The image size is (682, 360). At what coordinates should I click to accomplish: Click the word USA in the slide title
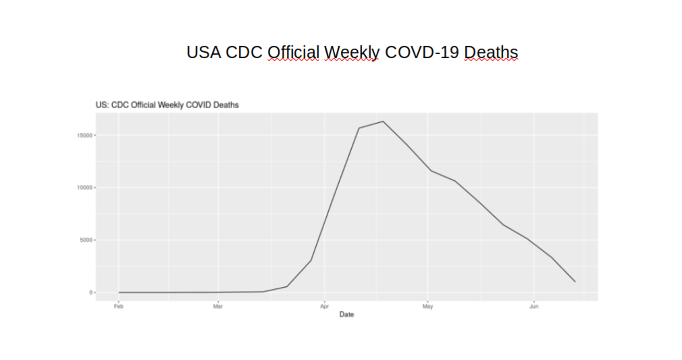point(203,53)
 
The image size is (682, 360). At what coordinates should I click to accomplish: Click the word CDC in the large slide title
point(244,53)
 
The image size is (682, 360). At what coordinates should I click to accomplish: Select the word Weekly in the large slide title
point(352,53)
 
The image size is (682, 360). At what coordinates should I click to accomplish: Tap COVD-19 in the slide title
point(422,53)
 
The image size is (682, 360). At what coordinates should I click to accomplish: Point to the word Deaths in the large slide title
point(491,53)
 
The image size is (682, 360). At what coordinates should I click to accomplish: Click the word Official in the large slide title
point(293,53)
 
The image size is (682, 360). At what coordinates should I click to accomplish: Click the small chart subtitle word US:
point(102,105)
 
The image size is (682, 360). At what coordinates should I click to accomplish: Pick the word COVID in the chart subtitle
point(198,105)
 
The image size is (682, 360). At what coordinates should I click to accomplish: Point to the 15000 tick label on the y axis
point(85,136)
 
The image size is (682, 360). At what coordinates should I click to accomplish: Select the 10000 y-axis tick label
point(85,188)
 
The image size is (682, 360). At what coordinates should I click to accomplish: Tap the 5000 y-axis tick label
point(86,240)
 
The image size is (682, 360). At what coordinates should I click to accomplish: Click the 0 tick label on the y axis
point(91,292)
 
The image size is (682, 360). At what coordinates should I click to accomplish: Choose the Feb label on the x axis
point(119,306)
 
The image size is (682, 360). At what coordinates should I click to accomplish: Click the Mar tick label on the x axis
point(218,306)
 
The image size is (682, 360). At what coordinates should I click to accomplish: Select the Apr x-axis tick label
point(324,306)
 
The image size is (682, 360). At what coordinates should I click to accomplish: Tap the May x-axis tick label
point(428,306)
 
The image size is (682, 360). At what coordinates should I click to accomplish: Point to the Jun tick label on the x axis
point(534,306)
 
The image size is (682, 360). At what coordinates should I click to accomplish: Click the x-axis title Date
point(346,314)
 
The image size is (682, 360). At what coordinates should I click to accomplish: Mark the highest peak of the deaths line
point(383,122)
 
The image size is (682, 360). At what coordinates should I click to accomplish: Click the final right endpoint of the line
point(575,282)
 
